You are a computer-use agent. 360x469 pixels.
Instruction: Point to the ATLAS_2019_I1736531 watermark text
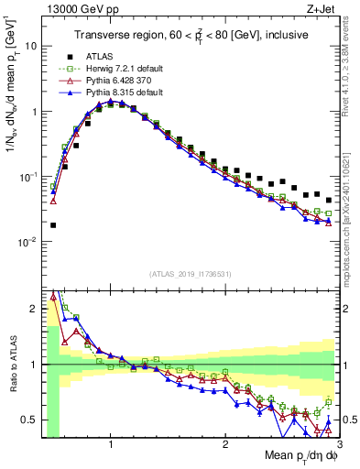tap(190, 274)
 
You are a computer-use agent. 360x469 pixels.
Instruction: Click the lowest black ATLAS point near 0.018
tap(53, 224)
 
